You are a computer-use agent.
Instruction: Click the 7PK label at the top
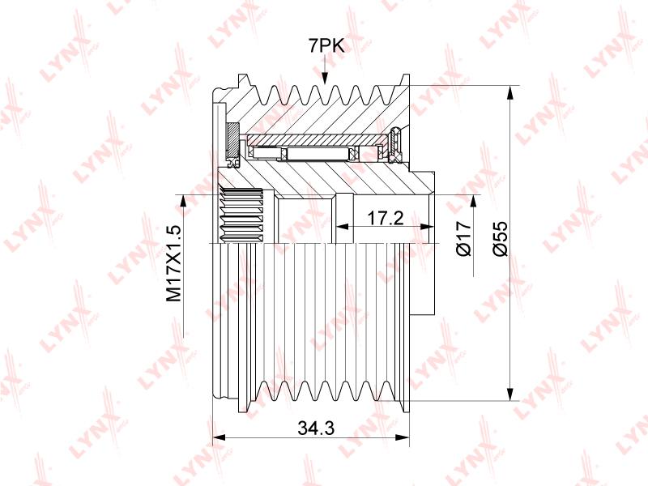(x=326, y=46)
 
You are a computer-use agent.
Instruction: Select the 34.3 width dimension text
(x=316, y=428)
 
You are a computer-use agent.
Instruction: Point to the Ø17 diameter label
(x=464, y=238)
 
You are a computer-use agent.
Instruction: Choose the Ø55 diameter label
(x=501, y=238)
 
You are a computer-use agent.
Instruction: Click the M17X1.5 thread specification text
(x=173, y=263)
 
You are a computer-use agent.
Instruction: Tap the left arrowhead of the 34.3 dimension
(x=219, y=437)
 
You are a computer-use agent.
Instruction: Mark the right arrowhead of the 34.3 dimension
(x=402, y=437)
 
